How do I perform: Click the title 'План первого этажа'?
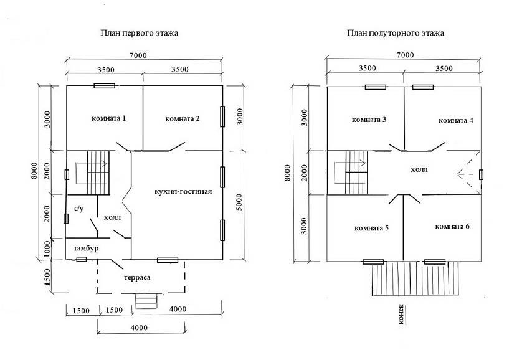(x=139, y=33)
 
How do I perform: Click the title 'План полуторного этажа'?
(x=396, y=33)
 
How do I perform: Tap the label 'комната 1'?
(x=109, y=118)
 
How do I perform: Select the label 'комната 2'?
(x=183, y=119)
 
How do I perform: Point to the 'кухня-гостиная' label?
(x=183, y=192)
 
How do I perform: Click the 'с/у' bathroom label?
(x=79, y=209)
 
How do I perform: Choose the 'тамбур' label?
(x=86, y=249)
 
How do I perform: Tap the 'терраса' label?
(x=137, y=278)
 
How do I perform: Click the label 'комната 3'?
(x=369, y=120)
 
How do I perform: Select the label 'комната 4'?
(x=456, y=120)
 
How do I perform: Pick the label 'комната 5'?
(x=371, y=228)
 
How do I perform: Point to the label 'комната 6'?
(x=452, y=227)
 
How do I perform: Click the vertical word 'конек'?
(x=401, y=315)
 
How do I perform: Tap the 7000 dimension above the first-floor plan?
(x=138, y=55)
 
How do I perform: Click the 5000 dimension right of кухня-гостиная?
(x=239, y=202)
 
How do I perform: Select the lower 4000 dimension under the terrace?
(x=139, y=328)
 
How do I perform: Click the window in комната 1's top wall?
(x=104, y=86)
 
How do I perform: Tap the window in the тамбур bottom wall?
(x=82, y=260)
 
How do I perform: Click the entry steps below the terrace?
(x=146, y=301)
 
